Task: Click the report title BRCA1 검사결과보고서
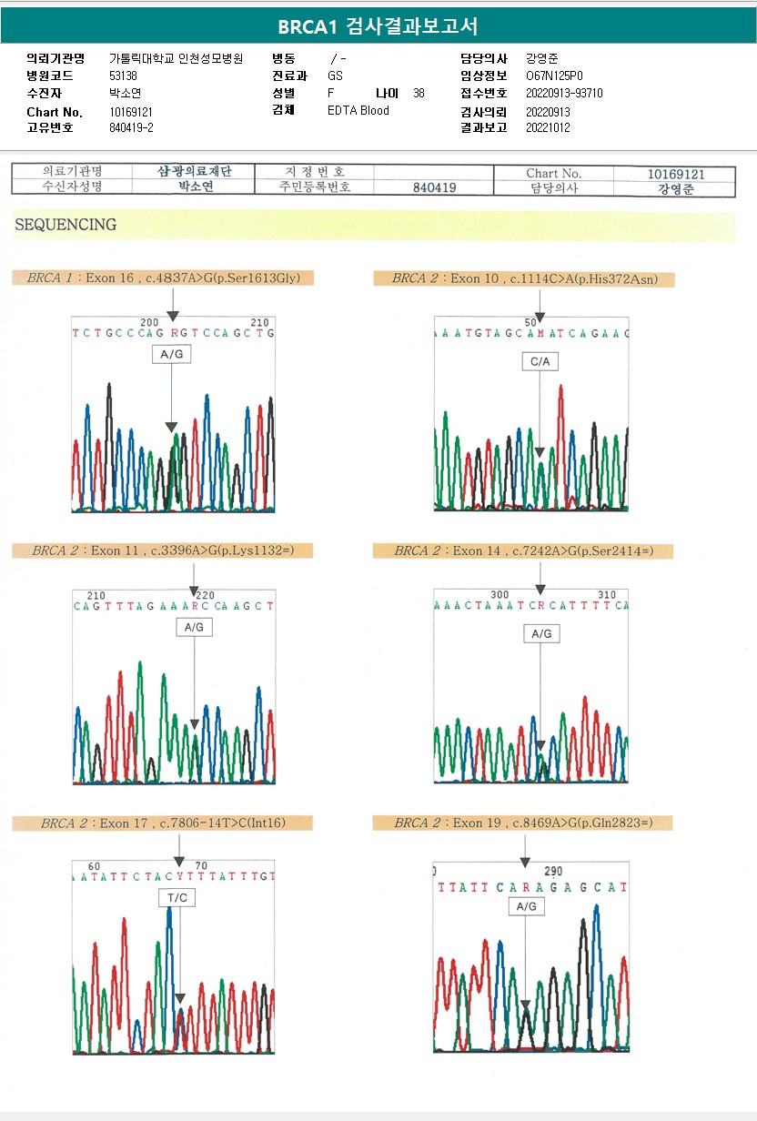point(378,25)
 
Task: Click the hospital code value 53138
point(123,76)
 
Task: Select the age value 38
point(419,94)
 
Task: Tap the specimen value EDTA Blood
point(358,111)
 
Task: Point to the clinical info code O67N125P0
point(554,76)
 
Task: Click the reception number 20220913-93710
point(564,94)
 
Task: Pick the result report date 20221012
point(548,128)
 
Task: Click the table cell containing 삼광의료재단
point(195,171)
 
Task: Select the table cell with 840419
point(434,187)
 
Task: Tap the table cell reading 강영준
point(675,189)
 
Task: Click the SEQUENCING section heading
point(66,225)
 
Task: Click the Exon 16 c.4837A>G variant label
point(164,278)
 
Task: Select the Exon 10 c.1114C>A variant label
point(525,278)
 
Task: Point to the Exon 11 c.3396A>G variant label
point(164,550)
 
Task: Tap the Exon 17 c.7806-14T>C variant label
point(163,823)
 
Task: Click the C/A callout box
point(540,361)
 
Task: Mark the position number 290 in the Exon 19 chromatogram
point(553,872)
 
